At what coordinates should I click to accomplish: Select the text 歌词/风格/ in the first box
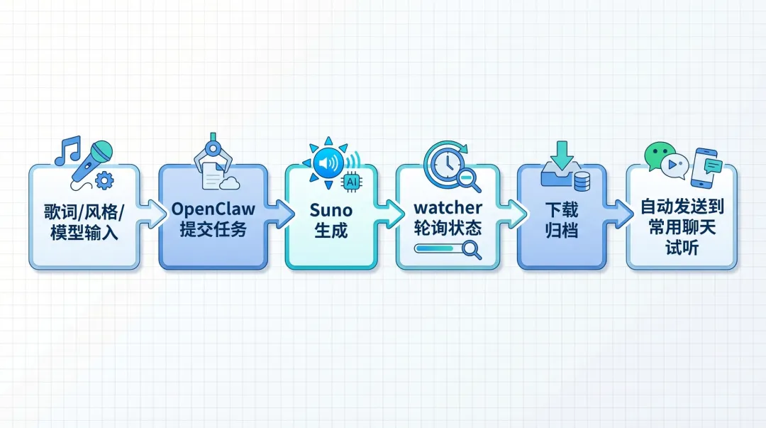pos(84,211)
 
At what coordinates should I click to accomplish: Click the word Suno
pos(331,209)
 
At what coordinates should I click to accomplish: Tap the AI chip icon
pos(350,182)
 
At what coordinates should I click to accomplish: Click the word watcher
pos(448,208)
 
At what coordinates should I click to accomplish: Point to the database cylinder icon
pos(582,181)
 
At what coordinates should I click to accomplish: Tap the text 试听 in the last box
pos(681,249)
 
